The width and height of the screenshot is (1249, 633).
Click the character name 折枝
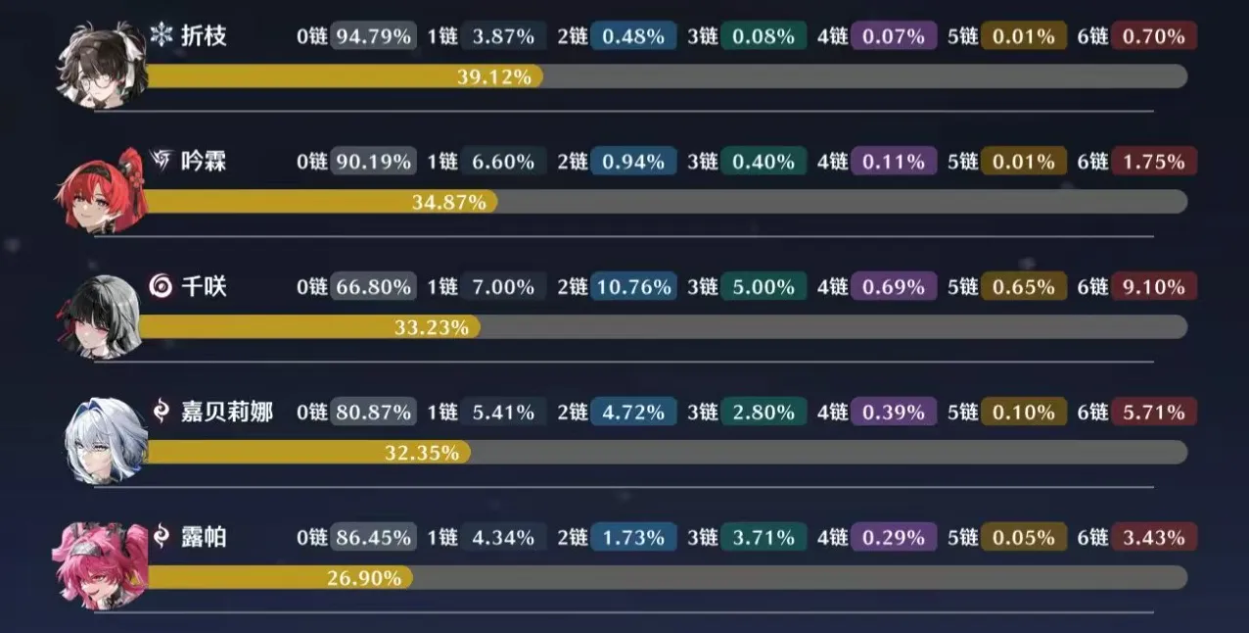[204, 36]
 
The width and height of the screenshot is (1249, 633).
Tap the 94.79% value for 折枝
[373, 37]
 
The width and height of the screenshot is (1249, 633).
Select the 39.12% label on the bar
[493, 76]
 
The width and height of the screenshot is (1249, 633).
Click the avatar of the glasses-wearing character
[103, 64]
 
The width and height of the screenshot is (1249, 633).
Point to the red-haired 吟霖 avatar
[102, 189]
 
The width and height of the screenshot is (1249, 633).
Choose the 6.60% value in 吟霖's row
[503, 162]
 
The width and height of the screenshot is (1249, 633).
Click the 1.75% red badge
[1153, 162]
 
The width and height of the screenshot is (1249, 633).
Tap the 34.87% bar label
[449, 202]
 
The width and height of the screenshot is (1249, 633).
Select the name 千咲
[204, 286]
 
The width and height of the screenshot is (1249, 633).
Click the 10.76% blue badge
[633, 287]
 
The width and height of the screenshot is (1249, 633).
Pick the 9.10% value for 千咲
[1153, 287]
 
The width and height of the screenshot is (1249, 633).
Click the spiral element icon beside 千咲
[162, 286]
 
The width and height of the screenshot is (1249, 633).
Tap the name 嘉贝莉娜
[227, 412]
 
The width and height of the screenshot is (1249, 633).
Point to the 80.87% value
[373, 413]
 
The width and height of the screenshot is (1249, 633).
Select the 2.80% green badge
[763, 413]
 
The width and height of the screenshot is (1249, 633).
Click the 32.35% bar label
[423, 453]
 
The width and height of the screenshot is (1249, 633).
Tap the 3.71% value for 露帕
[763, 538]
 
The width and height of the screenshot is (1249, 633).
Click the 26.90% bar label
[364, 578]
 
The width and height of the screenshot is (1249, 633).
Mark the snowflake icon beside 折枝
[161, 36]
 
